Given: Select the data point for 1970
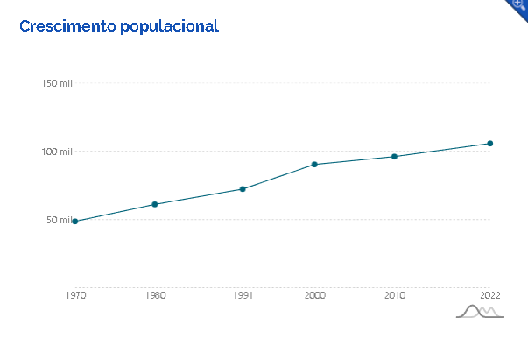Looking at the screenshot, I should click(75, 222).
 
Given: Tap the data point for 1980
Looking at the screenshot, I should click(155, 204).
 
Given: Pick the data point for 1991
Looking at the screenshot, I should click(243, 189).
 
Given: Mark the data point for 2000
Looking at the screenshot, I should click(314, 165).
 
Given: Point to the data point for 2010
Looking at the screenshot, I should click(394, 157).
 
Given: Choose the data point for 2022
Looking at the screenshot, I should click(490, 143).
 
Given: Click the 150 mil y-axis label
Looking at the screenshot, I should click(56, 83).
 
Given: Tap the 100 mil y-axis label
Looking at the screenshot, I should click(56, 152).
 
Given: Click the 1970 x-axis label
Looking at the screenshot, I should click(75, 296).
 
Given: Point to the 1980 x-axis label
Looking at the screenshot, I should click(155, 296).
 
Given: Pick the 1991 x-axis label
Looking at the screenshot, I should click(243, 296).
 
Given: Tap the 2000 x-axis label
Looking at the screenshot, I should click(314, 296).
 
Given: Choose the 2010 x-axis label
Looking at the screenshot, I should click(394, 296).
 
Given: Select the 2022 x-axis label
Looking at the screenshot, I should click(489, 296).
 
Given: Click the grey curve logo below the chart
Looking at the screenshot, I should click(480, 312).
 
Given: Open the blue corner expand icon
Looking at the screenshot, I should click(519, 6).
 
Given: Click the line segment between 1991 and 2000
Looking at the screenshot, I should click(278, 177).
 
